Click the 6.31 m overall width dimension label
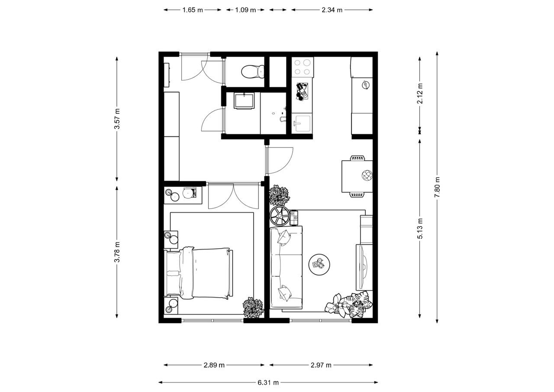(x=268, y=382)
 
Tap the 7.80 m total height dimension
(x=437, y=188)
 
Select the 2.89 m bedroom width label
(x=214, y=365)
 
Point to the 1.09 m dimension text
(x=245, y=10)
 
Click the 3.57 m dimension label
(x=117, y=119)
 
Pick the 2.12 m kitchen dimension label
(x=420, y=94)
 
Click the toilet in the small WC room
(x=253, y=71)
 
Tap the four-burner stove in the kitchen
(x=303, y=67)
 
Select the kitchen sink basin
(x=302, y=123)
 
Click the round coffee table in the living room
(x=319, y=264)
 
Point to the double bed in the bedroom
(x=199, y=273)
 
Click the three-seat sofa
(x=286, y=268)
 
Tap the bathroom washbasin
(x=245, y=101)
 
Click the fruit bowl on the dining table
(x=367, y=175)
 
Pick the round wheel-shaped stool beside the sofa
(x=280, y=216)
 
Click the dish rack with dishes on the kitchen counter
(x=302, y=92)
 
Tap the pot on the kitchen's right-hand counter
(x=365, y=85)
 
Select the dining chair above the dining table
(x=358, y=159)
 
